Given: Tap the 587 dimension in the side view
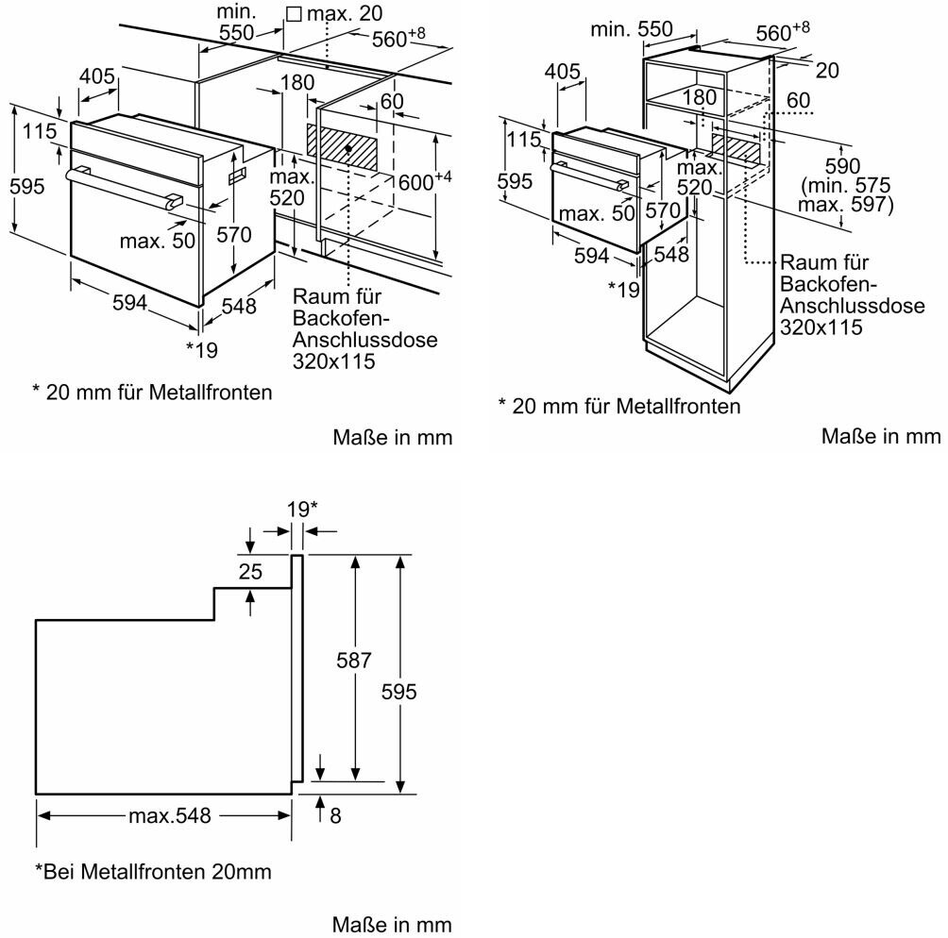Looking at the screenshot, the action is pyautogui.click(x=354, y=660).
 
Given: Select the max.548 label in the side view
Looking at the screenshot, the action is pyautogui.click(x=170, y=816).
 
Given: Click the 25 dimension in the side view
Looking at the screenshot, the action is pyautogui.click(x=250, y=571).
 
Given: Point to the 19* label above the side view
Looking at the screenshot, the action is pyautogui.click(x=302, y=510).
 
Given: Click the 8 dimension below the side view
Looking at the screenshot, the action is pyautogui.click(x=335, y=816).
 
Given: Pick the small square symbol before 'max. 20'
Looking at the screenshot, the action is pyautogui.click(x=294, y=14).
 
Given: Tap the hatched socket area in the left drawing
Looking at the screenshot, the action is pyautogui.click(x=343, y=149).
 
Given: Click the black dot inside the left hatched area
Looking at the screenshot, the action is pyautogui.click(x=348, y=147).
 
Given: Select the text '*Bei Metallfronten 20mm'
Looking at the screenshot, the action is pyautogui.click(x=154, y=871).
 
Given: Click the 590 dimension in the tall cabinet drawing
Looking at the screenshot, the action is pyautogui.click(x=842, y=165).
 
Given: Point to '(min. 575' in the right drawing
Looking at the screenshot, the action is pyautogui.click(x=846, y=185).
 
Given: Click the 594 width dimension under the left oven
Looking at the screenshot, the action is pyautogui.click(x=130, y=302).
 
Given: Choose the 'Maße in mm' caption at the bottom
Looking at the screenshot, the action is pyautogui.click(x=392, y=925).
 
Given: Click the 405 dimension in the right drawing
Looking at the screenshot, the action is pyautogui.click(x=562, y=72).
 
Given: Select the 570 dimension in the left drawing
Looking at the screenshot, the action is pyautogui.click(x=234, y=234).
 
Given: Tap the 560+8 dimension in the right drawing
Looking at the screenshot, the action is pyautogui.click(x=783, y=31).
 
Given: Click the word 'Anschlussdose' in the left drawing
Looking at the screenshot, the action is pyautogui.click(x=365, y=339).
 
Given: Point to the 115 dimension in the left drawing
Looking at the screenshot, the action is pyautogui.click(x=40, y=130).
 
